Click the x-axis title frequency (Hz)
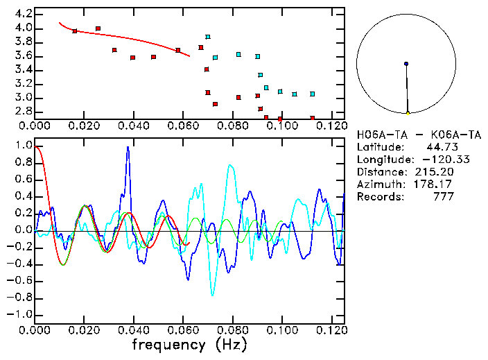click(189, 344)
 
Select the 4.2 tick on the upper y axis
click(21, 14)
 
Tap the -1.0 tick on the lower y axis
click(19, 314)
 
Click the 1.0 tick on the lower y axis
click(21, 146)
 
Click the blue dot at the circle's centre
click(406, 64)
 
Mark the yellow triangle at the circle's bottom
click(408, 112)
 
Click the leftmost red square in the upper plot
click(75, 31)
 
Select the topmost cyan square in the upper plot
click(207, 37)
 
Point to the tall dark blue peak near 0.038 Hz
click(128, 148)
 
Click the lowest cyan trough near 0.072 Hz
click(212, 295)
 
